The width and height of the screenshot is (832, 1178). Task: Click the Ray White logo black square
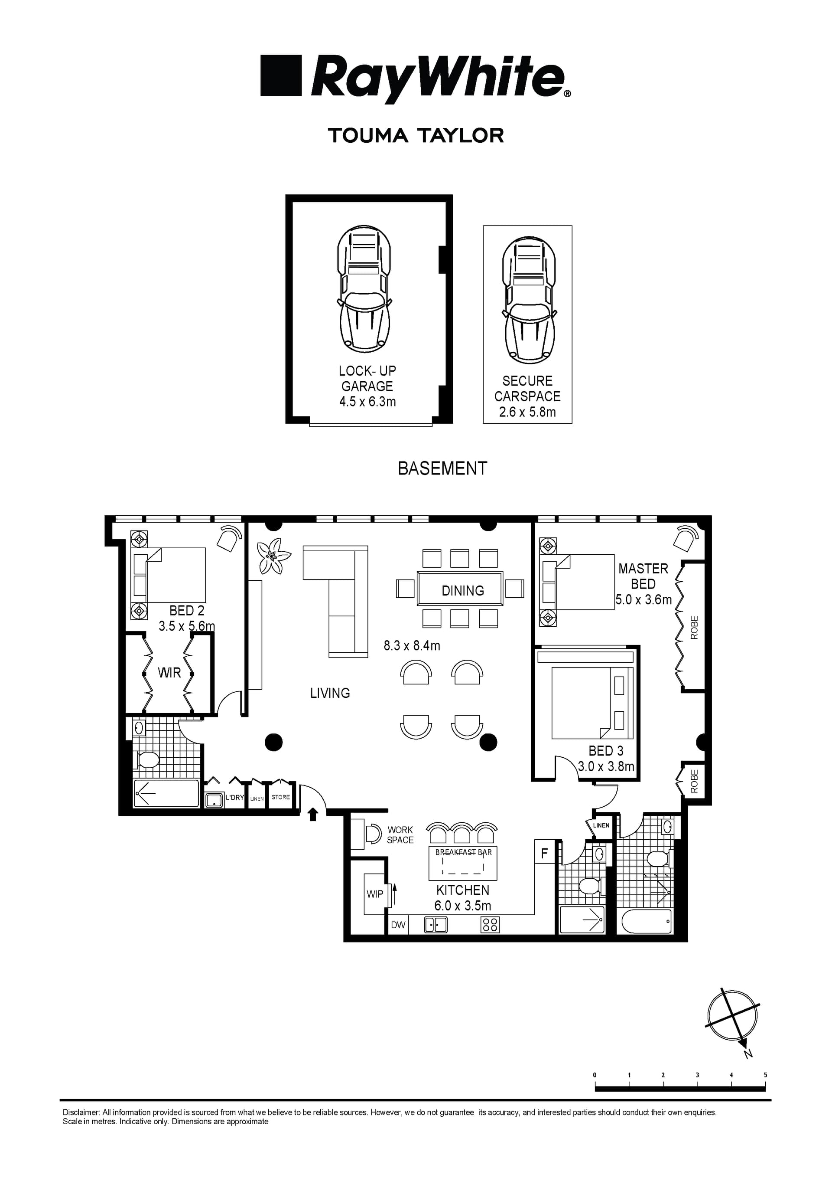point(281,75)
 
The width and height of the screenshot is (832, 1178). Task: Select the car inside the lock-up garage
point(364,288)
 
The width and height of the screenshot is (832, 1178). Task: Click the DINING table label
point(462,591)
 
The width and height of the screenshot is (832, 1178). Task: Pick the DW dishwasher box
point(398,925)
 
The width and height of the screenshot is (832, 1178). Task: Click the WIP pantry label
point(375,894)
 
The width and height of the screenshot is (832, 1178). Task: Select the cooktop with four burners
point(490,925)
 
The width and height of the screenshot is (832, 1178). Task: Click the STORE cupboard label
point(280,797)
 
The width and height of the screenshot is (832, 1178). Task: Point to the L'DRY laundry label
point(235,798)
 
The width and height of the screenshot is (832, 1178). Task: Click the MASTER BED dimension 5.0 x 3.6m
point(643,599)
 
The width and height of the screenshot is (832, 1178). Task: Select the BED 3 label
point(606,751)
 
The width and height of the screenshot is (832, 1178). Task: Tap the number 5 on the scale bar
point(765,1075)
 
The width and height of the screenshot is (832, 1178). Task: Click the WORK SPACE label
point(400,835)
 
